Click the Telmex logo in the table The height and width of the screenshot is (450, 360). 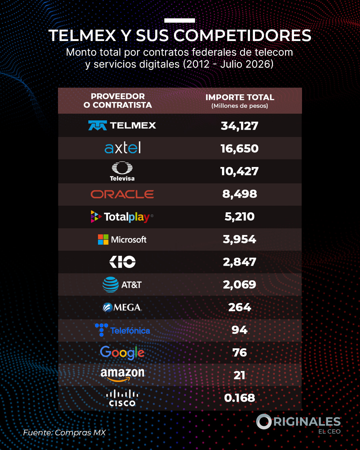[x=122, y=125]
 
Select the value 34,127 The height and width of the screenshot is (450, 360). [x=240, y=126]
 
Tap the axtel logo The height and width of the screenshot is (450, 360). [x=123, y=148]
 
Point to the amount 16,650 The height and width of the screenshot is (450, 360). [x=240, y=149]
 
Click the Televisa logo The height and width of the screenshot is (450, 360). [x=122, y=171]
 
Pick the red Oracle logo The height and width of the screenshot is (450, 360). [x=122, y=194]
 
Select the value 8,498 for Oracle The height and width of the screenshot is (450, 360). [x=240, y=194]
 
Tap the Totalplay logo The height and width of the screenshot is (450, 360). [x=122, y=217]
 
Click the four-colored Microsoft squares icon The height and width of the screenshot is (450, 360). [x=103, y=239]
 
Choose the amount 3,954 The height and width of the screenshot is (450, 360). [x=240, y=239]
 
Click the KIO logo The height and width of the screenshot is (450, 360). [x=122, y=262]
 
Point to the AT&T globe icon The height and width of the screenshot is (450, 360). [x=111, y=284]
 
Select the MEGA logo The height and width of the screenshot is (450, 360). [x=122, y=307]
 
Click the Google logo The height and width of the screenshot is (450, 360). [x=122, y=353]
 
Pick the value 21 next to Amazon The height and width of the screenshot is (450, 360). [x=239, y=375]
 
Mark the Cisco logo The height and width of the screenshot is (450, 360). [x=122, y=398]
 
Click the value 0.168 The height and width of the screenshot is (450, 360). [x=240, y=398]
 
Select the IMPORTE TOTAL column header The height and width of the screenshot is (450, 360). [x=240, y=101]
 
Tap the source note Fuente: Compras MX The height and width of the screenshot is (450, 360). [x=64, y=433]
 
